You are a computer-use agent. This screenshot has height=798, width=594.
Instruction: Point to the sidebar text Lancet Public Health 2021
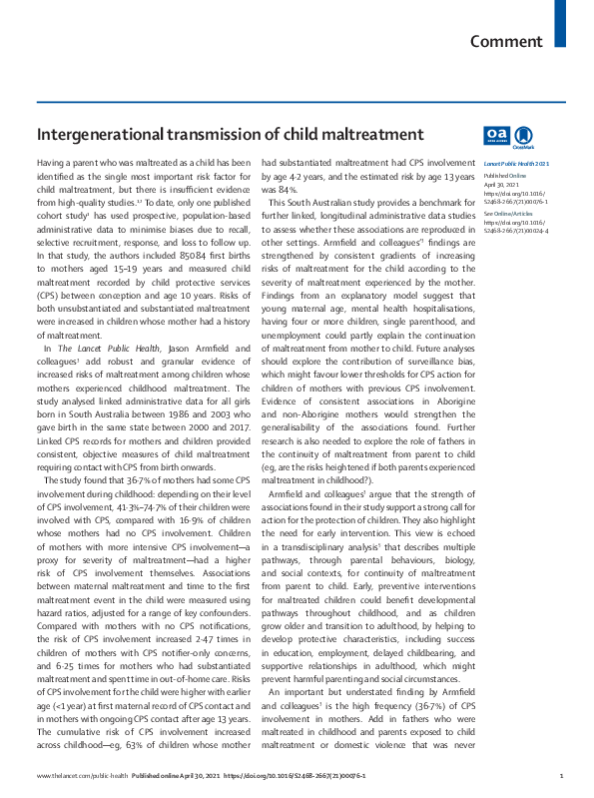(516, 163)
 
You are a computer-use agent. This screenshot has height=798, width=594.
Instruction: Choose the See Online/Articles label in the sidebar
(510, 214)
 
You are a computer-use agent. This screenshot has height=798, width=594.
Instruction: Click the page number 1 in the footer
(562, 776)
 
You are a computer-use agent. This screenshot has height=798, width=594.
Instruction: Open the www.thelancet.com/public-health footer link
(82, 776)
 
